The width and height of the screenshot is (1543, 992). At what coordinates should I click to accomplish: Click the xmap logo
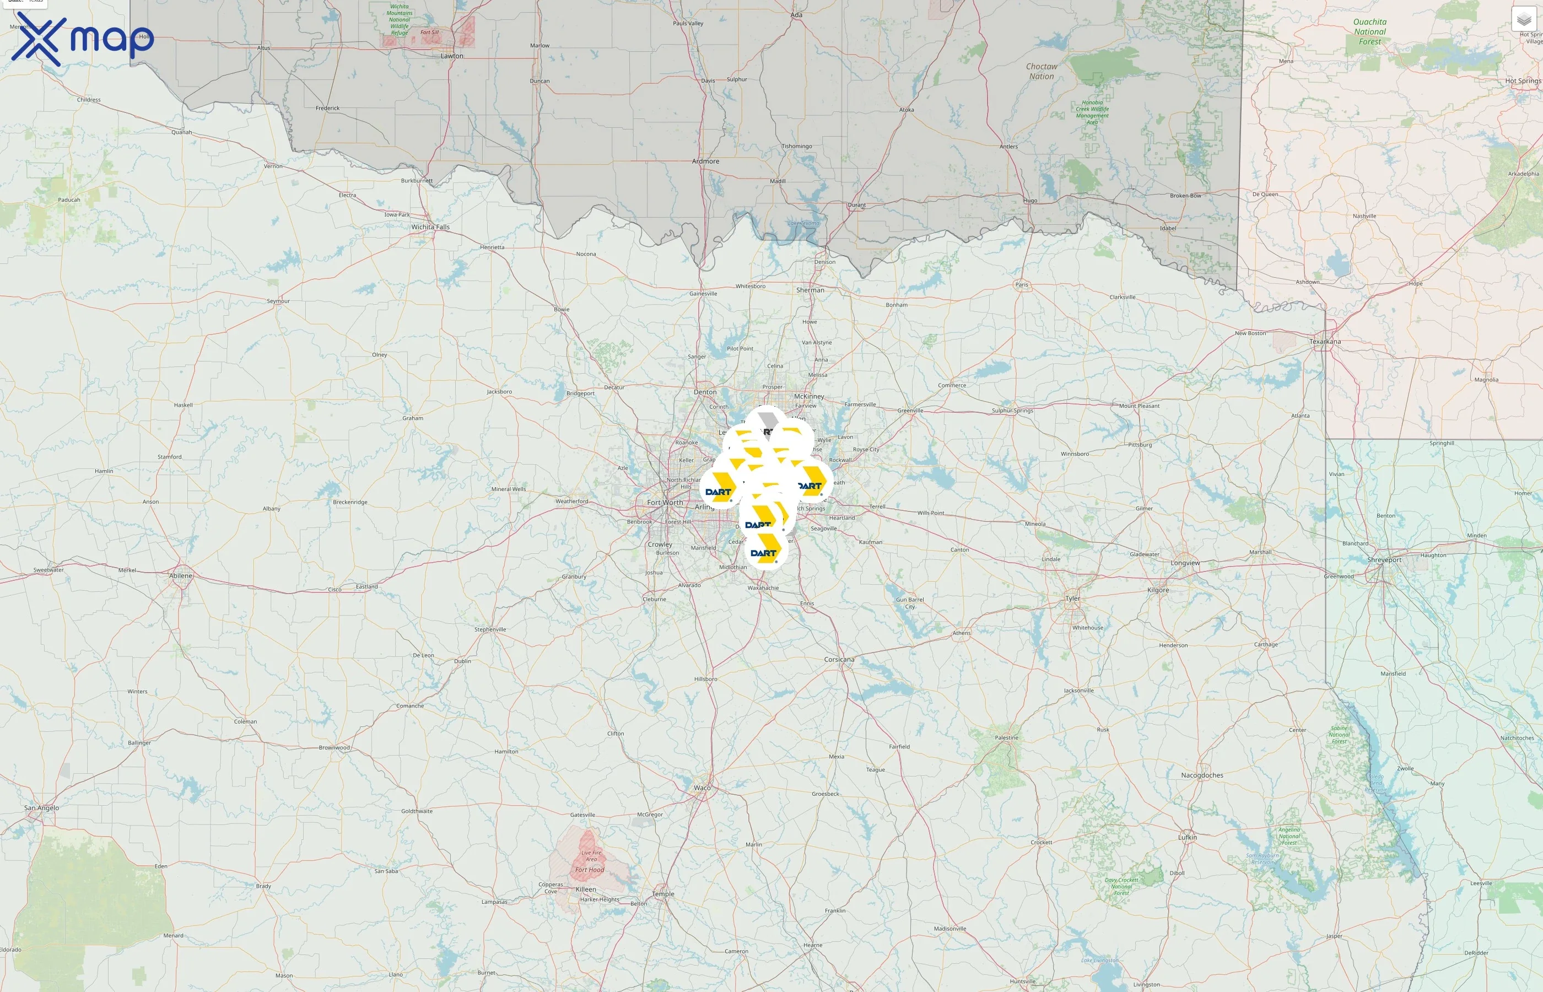[x=83, y=39]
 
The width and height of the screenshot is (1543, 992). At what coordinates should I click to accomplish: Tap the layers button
[x=1524, y=19]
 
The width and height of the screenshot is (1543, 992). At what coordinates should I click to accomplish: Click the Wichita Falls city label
[x=430, y=227]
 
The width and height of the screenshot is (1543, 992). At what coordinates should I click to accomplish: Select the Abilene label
[x=180, y=576]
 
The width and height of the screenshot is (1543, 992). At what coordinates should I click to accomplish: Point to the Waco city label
[x=702, y=788]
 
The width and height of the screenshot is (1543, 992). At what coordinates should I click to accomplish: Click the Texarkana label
[x=1325, y=341]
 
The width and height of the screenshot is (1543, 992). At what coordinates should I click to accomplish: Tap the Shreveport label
[x=1384, y=560]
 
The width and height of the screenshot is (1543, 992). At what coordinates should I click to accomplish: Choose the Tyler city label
[x=1072, y=599]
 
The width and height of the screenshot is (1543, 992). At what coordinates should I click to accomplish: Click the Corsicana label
[x=839, y=660]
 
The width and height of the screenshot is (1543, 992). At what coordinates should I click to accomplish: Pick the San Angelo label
[x=41, y=808]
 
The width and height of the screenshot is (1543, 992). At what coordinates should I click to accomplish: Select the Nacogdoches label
[x=1202, y=775]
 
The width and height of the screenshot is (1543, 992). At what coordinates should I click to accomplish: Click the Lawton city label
[x=451, y=56]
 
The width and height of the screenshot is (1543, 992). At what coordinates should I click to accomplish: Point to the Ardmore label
[x=705, y=161]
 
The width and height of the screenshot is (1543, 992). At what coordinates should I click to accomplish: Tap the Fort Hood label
[x=589, y=870]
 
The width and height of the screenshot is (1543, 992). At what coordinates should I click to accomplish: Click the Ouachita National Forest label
[x=1370, y=31]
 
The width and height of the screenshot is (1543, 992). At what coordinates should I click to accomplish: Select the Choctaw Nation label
[x=1042, y=71]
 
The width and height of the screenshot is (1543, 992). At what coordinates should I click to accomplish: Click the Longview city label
[x=1185, y=563]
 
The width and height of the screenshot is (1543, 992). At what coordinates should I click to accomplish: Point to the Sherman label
[x=810, y=290]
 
